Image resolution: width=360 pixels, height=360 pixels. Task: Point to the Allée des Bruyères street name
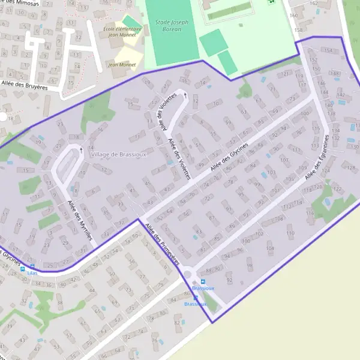click(x=25, y=86)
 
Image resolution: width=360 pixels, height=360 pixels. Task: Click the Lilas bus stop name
click(x=32, y=273)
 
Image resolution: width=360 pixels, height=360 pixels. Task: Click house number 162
click(x=313, y=4)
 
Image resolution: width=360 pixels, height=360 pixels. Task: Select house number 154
click(x=327, y=50)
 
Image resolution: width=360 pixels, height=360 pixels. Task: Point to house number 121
click(x=284, y=74)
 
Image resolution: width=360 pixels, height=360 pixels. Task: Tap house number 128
click(x=351, y=167)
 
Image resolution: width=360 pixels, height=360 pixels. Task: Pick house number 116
click(x=310, y=214)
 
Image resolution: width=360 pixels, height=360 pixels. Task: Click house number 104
click(x=269, y=248)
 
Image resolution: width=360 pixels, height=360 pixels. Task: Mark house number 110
click(x=290, y=233)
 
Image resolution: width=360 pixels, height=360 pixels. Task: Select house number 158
click(x=298, y=29)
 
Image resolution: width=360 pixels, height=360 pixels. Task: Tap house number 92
click(x=229, y=280)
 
